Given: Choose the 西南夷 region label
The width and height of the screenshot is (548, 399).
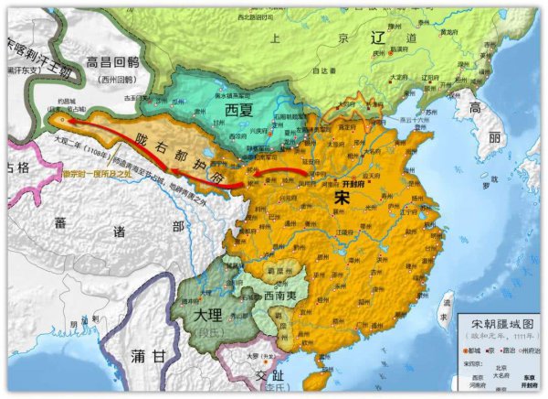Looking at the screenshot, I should pyautogui.click(x=271, y=296).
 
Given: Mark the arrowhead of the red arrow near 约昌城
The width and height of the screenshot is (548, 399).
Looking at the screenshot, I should pyautogui.click(x=59, y=118).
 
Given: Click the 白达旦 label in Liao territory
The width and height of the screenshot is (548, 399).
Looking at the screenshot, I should pyautogui.click(x=320, y=69).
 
